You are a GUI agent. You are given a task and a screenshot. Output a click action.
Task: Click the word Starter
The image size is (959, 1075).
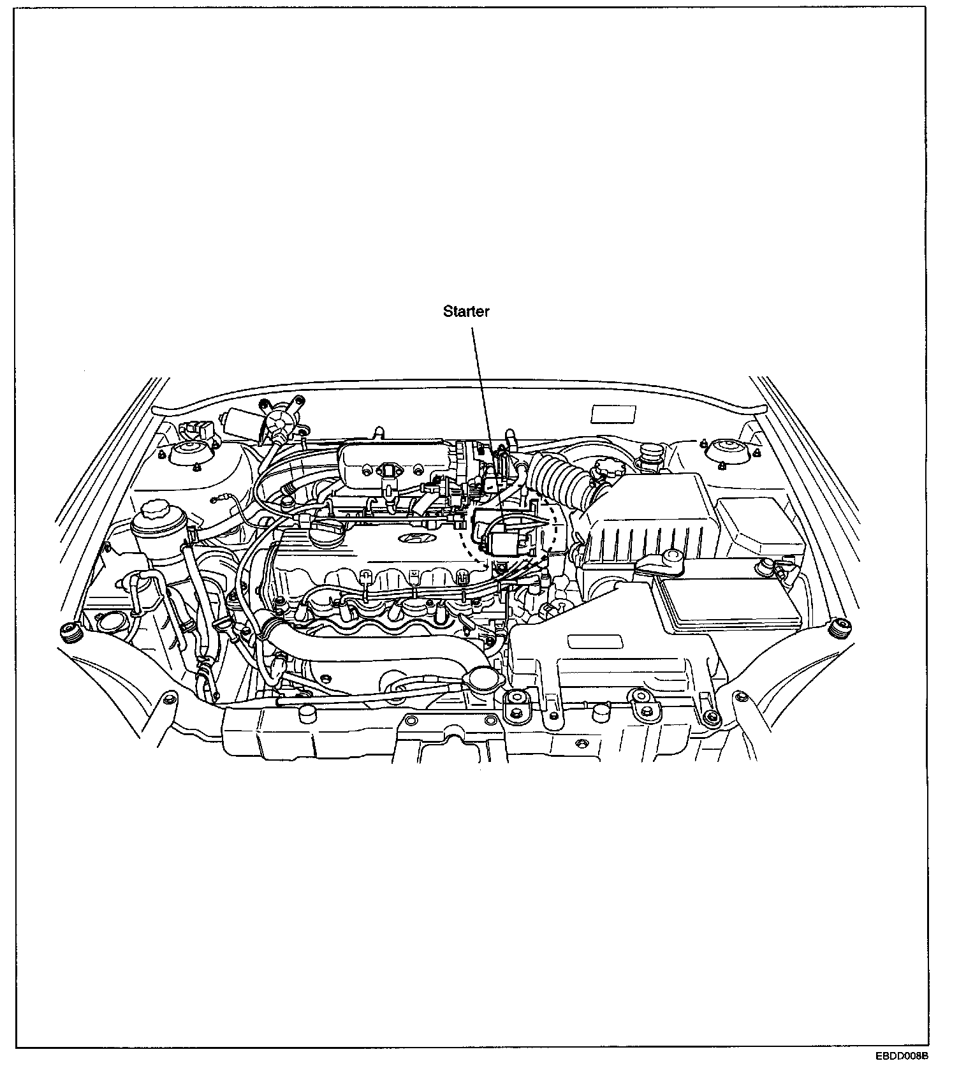tap(466, 312)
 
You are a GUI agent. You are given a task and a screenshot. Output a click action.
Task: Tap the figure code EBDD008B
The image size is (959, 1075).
tap(901, 1057)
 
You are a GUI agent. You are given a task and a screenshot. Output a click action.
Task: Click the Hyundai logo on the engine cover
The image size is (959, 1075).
tap(414, 539)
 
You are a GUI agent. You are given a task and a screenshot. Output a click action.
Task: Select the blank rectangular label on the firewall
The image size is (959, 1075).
tap(613, 414)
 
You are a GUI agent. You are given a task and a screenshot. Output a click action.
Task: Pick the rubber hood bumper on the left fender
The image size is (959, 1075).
tap(69, 631)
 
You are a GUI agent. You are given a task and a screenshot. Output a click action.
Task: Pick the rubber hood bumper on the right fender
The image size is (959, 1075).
tap(839, 628)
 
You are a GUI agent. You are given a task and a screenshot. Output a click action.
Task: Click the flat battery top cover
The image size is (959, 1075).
tap(727, 603)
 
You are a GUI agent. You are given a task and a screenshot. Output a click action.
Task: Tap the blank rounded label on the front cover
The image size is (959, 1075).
tap(596, 641)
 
